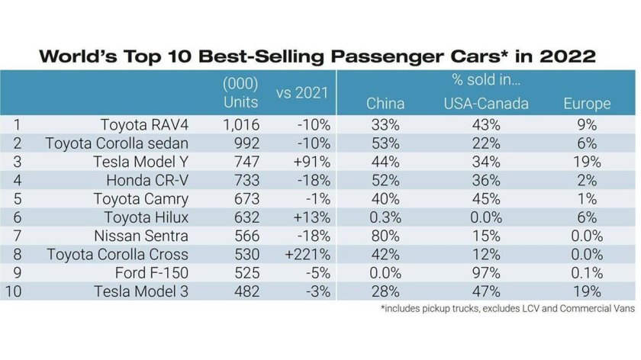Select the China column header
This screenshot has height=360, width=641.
(385, 104)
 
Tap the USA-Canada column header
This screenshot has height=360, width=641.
(485, 104)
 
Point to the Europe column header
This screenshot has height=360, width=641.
(586, 104)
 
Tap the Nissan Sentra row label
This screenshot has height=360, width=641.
(143, 236)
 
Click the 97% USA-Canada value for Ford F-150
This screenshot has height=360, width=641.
(485, 272)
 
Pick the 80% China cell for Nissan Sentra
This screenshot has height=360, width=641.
(385, 236)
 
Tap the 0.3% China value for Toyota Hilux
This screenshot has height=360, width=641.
(385, 217)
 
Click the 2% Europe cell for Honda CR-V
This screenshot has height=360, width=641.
(586, 180)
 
